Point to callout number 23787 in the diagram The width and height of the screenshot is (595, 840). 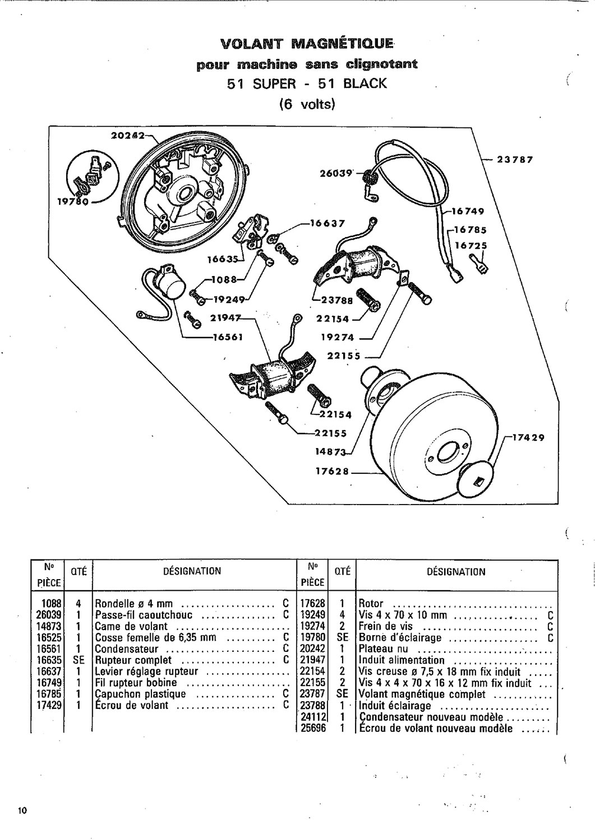[514, 159]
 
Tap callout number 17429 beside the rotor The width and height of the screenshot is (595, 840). [527, 438]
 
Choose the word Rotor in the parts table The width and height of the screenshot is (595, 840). [371, 604]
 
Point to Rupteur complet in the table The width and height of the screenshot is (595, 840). [133, 660]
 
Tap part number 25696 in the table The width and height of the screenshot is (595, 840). [312, 729]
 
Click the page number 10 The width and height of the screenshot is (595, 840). [23, 811]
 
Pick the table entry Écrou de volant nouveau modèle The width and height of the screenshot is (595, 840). [435, 729]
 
